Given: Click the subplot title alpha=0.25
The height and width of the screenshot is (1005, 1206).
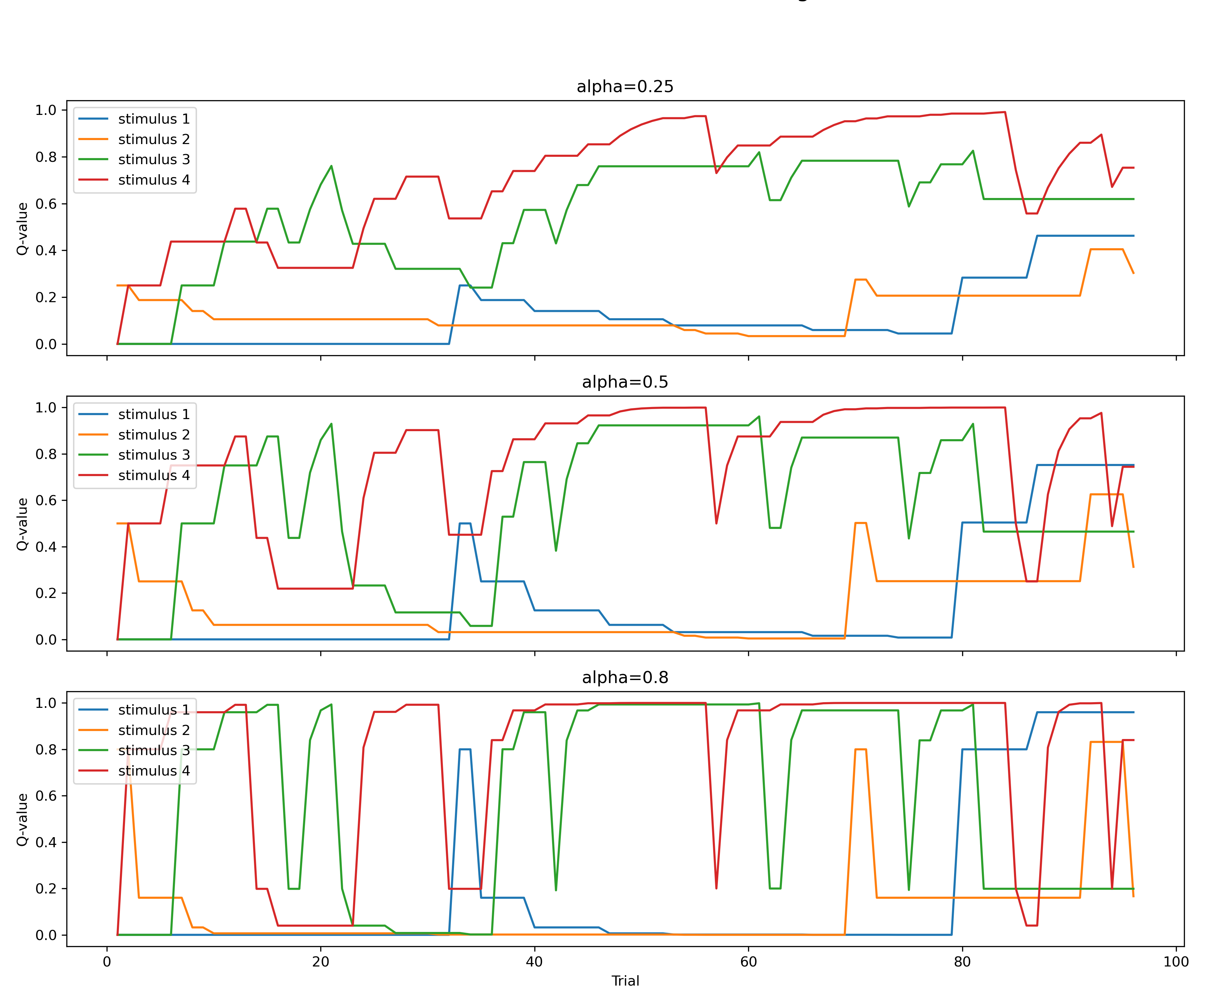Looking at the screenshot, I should click(x=625, y=87).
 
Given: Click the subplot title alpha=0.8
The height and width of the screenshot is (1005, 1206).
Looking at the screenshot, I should click(x=625, y=678).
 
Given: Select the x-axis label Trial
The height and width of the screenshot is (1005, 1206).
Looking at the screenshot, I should click(x=625, y=981).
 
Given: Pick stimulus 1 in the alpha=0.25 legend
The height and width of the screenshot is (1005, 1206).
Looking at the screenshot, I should click(x=153, y=119).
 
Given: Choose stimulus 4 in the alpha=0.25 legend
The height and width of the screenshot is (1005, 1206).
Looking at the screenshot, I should click(x=153, y=180).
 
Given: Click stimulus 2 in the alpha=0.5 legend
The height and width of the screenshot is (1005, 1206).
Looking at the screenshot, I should click(x=153, y=435).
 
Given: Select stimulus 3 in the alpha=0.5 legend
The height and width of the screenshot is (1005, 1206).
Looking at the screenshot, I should click(x=153, y=455).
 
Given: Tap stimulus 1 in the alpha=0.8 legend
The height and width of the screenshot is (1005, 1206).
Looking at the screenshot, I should click(x=153, y=710).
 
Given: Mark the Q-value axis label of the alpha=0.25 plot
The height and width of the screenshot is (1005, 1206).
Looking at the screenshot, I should click(x=22, y=228).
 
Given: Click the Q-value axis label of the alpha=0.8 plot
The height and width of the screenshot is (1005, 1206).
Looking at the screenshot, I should click(x=22, y=819).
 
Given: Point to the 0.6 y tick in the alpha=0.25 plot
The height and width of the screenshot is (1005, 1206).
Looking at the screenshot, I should click(x=46, y=204).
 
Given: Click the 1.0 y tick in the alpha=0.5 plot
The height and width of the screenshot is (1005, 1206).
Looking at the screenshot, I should click(x=46, y=408).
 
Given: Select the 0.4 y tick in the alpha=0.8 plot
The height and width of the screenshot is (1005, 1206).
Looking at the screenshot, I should click(x=46, y=843).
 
